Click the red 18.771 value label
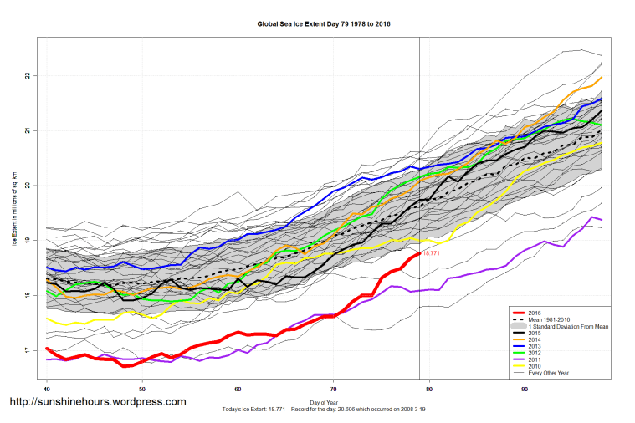click(x=431, y=252)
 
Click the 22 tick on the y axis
click(x=28, y=76)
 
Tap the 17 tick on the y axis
click(x=28, y=350)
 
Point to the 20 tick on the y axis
click(x=28, y=186)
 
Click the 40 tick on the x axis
click(x=47, y=389)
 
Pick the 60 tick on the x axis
click(x=238, y=389)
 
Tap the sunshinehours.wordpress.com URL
click(x=97, y=402)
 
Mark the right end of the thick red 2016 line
click(x=418, y=252)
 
